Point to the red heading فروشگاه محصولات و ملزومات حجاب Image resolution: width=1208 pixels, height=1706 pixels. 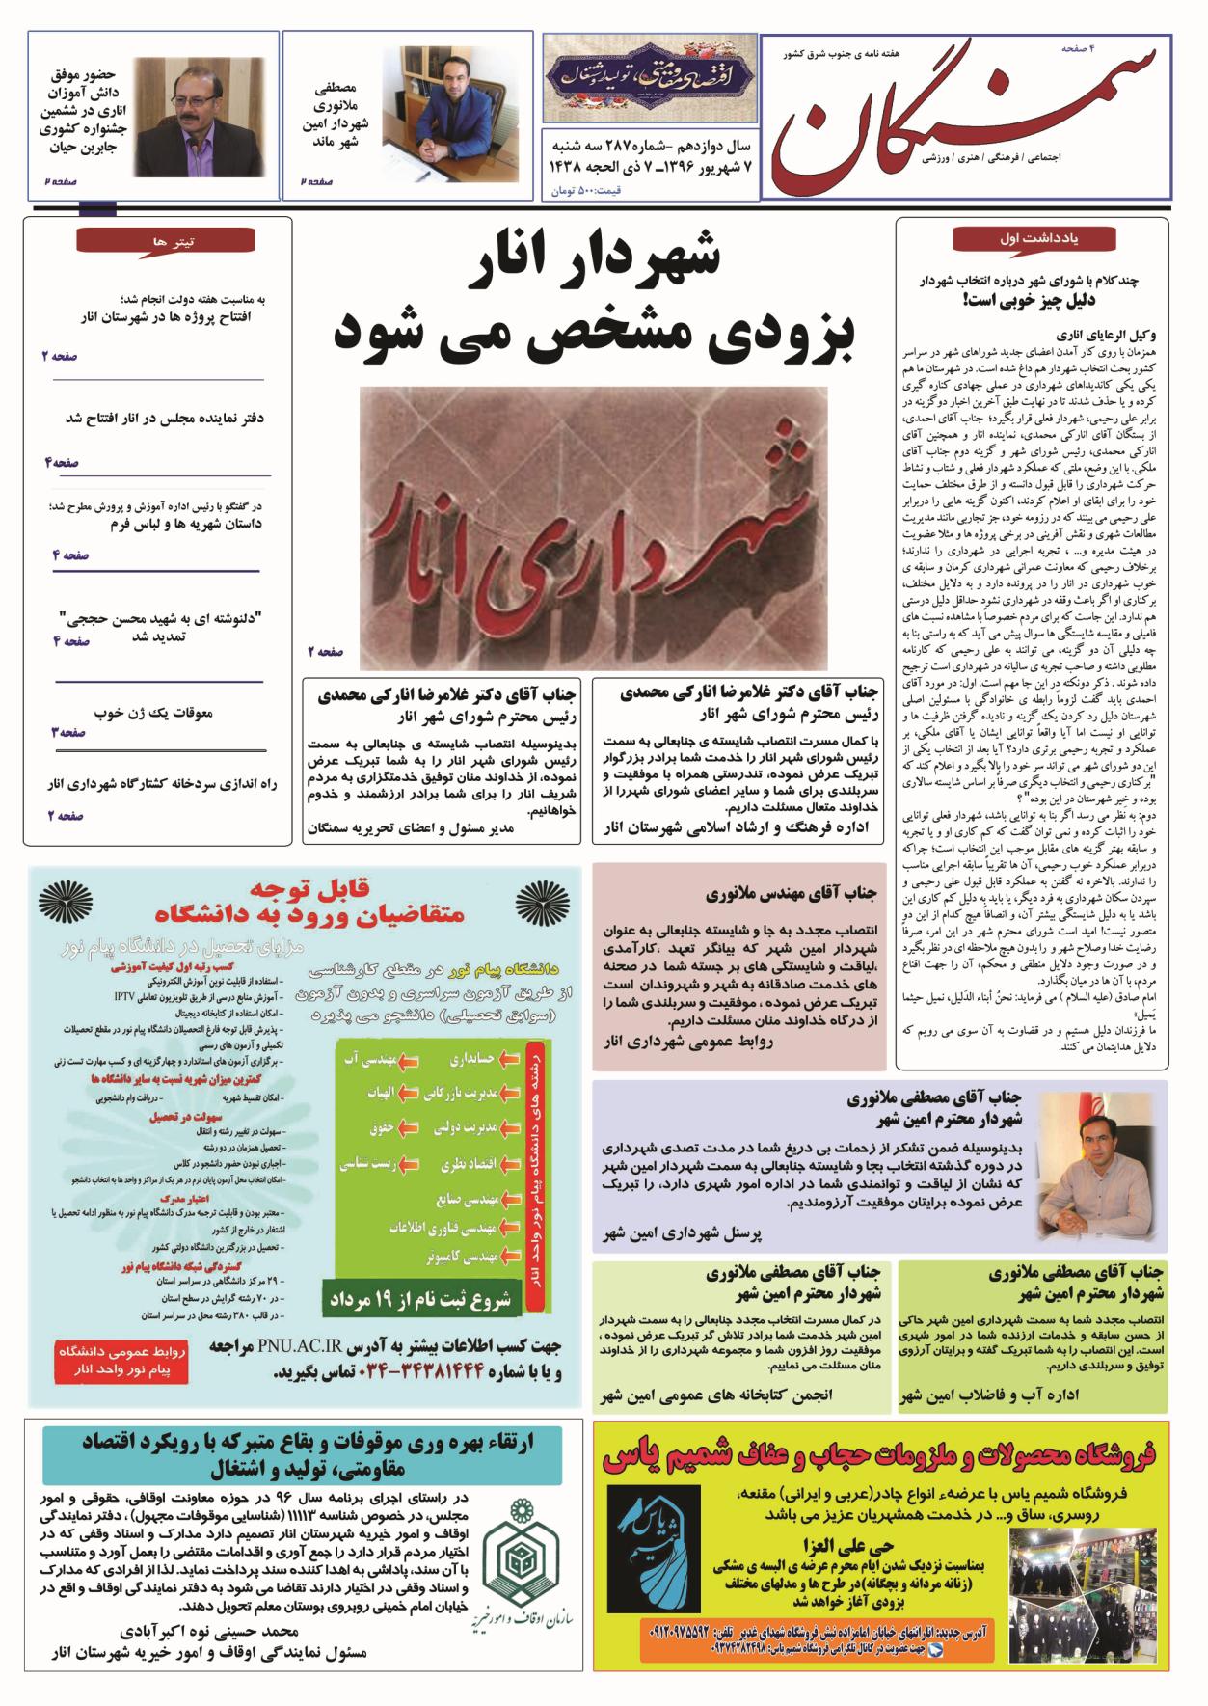pos(884,1458)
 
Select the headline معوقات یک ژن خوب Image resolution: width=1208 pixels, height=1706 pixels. pos(154,714)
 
